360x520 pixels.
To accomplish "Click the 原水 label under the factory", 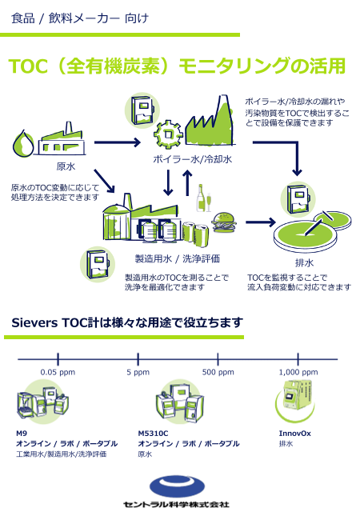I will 66,167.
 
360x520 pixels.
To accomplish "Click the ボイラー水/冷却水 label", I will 193,160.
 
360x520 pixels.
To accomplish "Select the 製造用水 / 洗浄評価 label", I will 178,258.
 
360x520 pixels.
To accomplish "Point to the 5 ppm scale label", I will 138,372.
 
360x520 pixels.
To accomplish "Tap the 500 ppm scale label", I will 218,372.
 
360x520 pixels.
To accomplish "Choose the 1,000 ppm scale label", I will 298,372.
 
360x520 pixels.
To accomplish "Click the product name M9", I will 22,433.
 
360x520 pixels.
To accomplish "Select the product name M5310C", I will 153,433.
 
